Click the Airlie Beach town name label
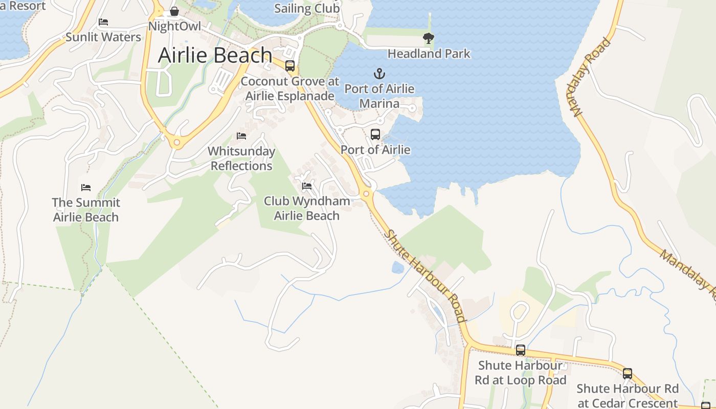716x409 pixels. click(215, 55)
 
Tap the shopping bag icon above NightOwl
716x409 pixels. click(174, 11)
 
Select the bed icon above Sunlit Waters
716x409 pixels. click(103, 22)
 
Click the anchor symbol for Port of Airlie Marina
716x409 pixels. click(379, 74)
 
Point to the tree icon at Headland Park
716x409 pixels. click(429, 38)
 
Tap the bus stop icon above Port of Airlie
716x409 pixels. click(375, 134)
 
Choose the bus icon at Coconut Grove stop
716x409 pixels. click(290, 66)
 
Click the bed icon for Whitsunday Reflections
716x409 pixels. click(241, 136)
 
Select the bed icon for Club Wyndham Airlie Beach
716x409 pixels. click(307, 186)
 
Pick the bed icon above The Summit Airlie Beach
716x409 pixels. click(86, 188)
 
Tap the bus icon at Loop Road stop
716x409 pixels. click(521, 350)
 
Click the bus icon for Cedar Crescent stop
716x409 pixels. click(628, 374)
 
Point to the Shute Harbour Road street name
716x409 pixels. click(426, 276)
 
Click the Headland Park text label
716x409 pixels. click(429, 54)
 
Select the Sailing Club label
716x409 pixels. click(307, 9)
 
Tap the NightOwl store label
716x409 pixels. click(174, 26)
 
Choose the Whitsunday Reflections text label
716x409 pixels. click(241, 158)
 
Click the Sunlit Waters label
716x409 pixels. click(103, 37)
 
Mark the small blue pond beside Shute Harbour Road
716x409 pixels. click(398, 267)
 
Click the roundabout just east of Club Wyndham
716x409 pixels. click(366, 194)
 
